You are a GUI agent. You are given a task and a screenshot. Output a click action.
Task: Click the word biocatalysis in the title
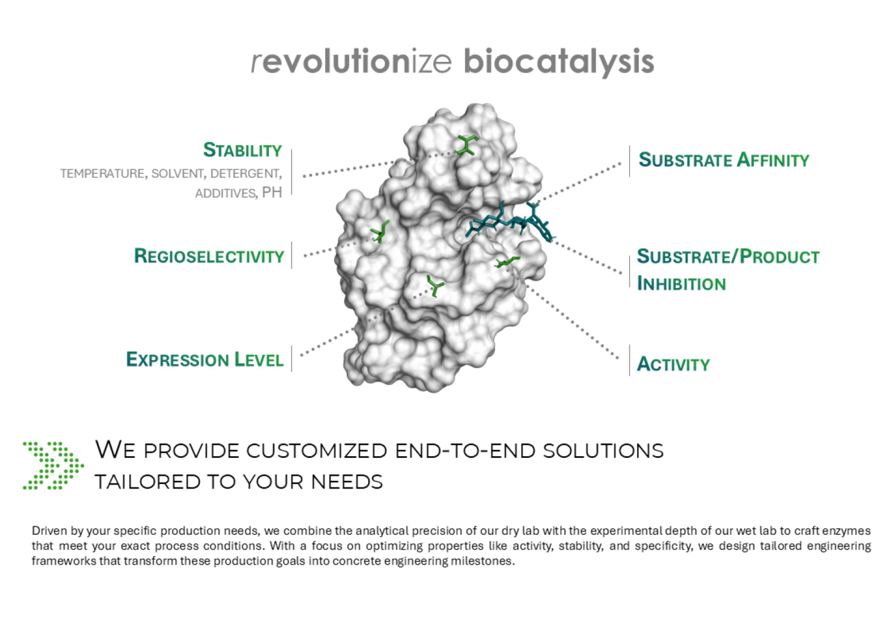(x=559, y=62)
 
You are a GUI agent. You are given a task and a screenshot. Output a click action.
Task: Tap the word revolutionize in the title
(x=351, y=61)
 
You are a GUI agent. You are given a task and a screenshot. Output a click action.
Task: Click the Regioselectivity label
(x=209, y=256)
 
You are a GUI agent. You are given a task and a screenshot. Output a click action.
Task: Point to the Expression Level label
(x=205, y=359)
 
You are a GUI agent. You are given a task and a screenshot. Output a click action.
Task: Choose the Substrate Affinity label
(x=724, y=159)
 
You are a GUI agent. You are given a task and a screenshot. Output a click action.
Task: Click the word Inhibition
(x=681, y=283)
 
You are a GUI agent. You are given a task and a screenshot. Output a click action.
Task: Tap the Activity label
(x=673, y=364)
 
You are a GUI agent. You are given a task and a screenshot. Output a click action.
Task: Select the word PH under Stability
(x=272, y=193)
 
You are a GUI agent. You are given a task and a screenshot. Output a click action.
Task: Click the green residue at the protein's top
(x=467, y=145)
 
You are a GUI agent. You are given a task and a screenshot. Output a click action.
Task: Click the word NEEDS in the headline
(x=346, y=482)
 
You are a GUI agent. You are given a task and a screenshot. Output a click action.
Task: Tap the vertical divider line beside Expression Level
(x=292, y=359)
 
